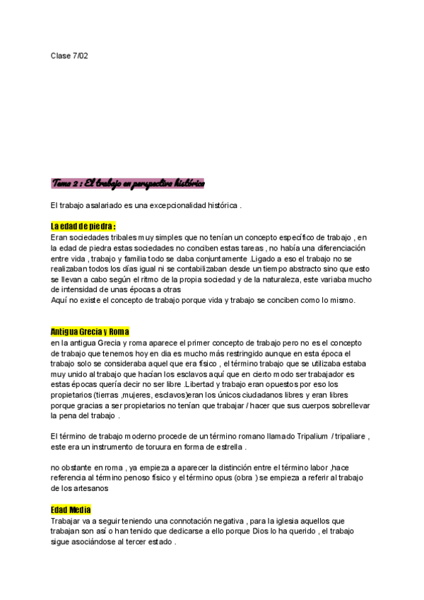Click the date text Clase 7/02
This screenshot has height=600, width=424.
coord(69,55)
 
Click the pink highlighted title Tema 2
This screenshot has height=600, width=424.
coord(128,183)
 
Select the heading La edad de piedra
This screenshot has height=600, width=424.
coord(83,226)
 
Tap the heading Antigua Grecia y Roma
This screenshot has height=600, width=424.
coord(90,332)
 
